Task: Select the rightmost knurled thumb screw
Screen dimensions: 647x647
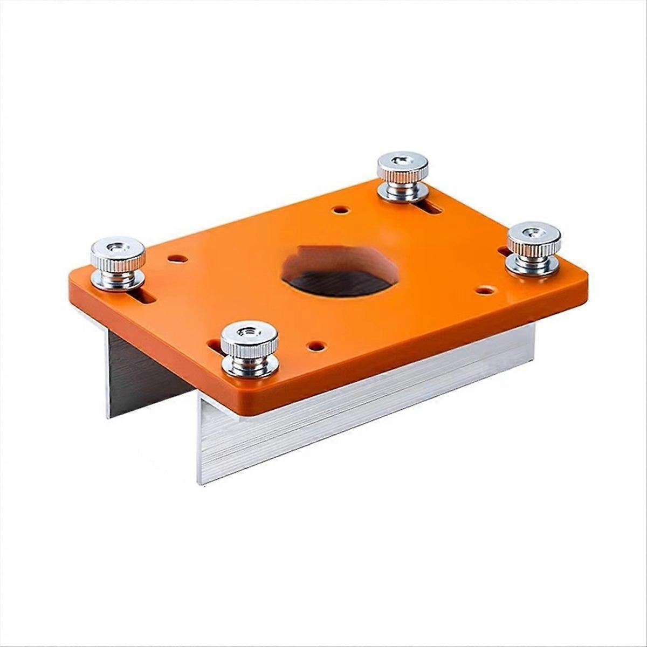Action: click(533, 248)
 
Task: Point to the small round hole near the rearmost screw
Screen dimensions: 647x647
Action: click(340, 209)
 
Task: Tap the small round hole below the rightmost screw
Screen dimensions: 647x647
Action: click(486, 290)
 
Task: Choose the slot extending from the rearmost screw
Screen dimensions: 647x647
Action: click(431, 208)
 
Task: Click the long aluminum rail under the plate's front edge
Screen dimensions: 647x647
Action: click(367, 410)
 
